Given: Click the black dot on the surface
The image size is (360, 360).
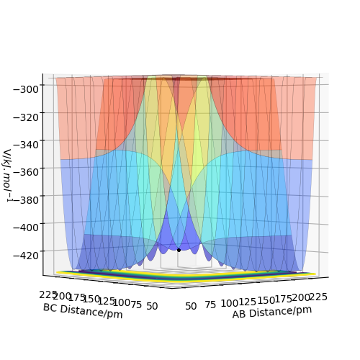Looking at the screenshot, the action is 179,250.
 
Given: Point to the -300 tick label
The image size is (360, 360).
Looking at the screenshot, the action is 26,90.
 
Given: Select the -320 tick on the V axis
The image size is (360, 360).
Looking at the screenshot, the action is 26,117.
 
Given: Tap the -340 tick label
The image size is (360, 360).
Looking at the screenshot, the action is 26,145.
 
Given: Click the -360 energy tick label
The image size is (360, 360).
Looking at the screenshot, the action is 26,172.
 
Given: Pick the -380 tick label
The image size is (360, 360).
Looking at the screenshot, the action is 26,199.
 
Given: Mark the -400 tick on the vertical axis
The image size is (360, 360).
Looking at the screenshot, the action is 26,228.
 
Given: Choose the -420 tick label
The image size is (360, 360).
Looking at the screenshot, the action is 26,256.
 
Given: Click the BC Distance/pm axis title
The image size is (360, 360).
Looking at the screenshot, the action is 83,311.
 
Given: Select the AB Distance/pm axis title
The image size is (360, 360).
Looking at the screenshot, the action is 272,312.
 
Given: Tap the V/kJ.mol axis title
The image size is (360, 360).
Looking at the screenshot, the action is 8,176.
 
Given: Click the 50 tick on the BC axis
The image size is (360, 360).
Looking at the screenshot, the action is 152,306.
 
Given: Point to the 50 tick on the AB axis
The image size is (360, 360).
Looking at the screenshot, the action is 191,306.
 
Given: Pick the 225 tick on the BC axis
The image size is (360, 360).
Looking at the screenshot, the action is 48,295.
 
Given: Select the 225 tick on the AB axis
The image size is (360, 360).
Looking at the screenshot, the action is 318,297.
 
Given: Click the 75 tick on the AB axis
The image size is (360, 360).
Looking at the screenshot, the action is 210,305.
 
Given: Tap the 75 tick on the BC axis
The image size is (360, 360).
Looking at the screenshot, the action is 136,305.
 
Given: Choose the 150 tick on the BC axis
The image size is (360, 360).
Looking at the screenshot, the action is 91,299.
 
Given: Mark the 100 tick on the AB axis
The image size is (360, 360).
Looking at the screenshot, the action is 230,303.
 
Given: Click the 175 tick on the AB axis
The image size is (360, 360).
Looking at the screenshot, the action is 284,299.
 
